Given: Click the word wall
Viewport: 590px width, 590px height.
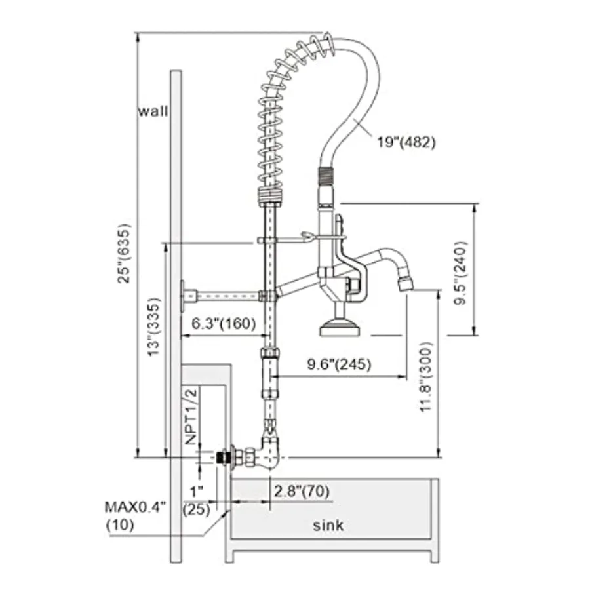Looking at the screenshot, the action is (153, 111).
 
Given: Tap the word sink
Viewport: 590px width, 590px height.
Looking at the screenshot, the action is (328, 525).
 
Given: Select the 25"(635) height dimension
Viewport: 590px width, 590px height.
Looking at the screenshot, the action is (124, 254).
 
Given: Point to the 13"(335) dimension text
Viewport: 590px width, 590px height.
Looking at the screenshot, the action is (153, 326).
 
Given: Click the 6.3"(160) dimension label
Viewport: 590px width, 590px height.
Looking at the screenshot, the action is (224, 323).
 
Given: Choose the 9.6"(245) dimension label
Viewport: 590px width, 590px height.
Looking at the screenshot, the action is (339, 364).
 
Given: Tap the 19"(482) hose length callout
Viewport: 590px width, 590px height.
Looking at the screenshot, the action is (406, 142).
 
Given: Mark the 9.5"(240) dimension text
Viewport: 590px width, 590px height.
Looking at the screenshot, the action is (460, 273).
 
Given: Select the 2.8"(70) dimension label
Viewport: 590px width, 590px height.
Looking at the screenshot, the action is (302, 490).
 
